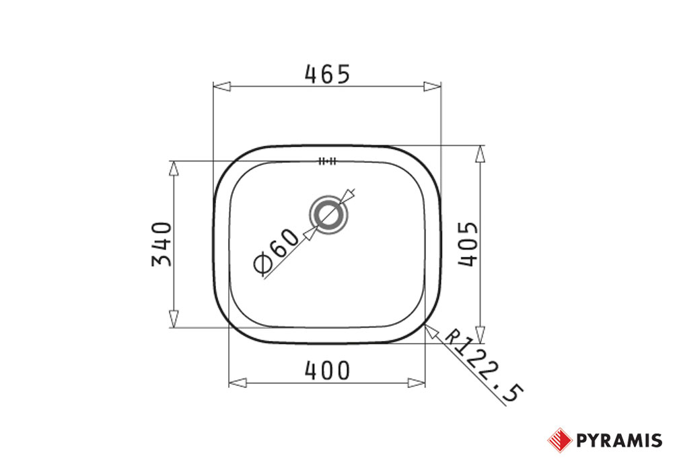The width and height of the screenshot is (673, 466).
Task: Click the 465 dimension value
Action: coord(328,74)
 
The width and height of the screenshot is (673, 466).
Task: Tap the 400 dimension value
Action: coord(328,371)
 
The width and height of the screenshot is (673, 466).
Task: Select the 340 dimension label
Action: coord(162,244)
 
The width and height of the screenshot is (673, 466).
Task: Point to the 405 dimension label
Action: coord(468,244)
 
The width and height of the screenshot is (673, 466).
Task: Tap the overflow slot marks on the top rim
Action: coord(328,161)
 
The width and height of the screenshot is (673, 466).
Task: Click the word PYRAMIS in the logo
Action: coord(619,440)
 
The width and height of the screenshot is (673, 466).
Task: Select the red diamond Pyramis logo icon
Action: coord(560,440)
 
